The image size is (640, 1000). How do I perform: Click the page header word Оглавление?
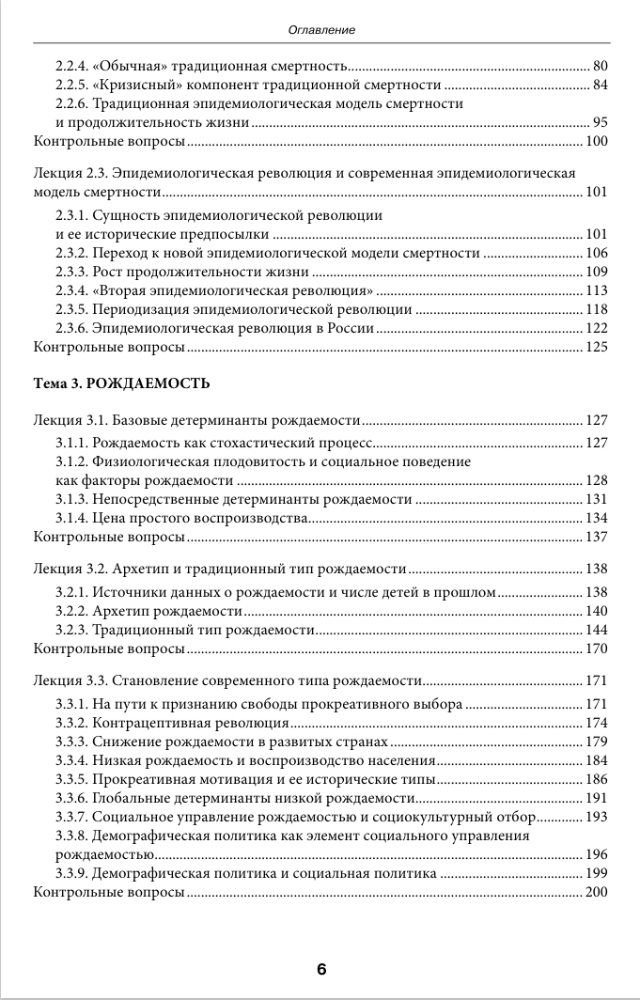coord(320,31)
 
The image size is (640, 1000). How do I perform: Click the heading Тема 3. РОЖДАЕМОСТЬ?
coord(121,383)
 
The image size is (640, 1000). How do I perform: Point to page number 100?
coord(597,142)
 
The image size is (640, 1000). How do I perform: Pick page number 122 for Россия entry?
coord(597,328)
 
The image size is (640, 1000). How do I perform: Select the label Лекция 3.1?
coord(71,420)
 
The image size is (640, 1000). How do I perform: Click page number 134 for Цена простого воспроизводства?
coord(597,518)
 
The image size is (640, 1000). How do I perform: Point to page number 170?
coord(597,648)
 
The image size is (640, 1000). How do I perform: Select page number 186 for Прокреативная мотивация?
coord(597,779)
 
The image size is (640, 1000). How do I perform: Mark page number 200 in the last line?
coord(597,892)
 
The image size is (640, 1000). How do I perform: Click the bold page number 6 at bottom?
coord(320,969)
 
